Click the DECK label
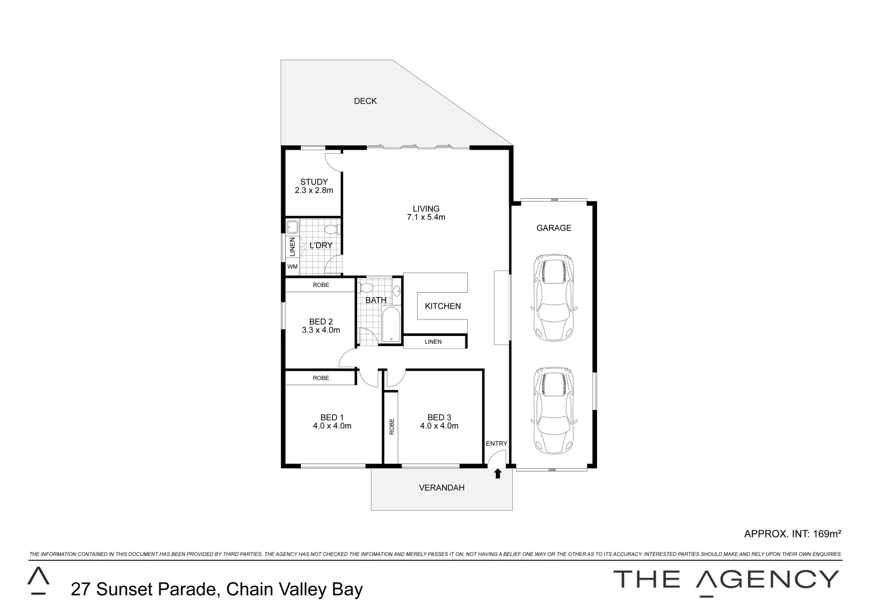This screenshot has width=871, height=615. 365,101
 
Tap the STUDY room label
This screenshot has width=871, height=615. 314,182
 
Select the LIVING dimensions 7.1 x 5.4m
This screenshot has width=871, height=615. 426,217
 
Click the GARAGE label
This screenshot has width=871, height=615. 553,228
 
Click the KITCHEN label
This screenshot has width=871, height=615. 443,306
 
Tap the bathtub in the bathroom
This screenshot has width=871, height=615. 391,325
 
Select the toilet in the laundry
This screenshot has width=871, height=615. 331,230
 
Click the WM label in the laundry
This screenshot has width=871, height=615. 292,266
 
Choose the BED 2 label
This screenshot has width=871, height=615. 321,322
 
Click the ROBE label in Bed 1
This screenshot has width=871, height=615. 321,378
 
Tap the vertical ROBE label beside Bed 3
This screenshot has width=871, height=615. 391,427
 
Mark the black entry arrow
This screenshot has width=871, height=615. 497,473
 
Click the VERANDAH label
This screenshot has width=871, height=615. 441,488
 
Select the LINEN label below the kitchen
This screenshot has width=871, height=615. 433,342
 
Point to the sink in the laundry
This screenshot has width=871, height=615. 292,226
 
